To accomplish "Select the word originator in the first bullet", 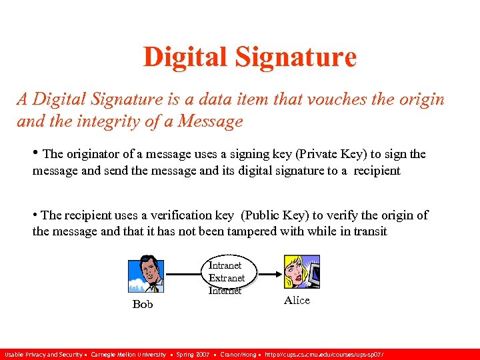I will click(91, 154).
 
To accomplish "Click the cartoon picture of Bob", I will click(145, 273).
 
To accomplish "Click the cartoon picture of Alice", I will click(301, 273).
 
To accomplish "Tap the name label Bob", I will click(143, 304).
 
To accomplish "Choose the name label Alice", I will click(297, 300).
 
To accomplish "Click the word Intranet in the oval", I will click(225, 265).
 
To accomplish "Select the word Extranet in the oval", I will click(227, 277).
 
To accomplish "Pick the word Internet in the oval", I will click(225, 290).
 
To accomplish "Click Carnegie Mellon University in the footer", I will click(128, 354).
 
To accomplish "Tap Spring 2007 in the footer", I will click(193, 354).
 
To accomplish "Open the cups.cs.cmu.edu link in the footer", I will click(324, 354).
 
